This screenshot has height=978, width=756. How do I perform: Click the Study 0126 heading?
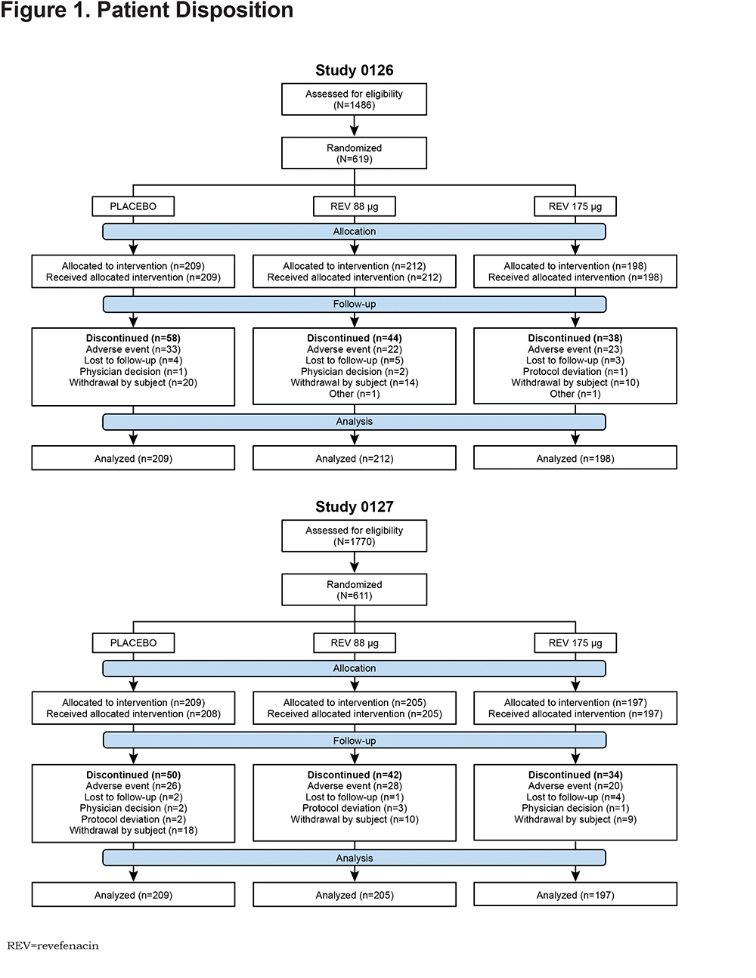[x=354, y=70]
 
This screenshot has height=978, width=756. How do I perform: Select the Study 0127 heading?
[x=354, y=507]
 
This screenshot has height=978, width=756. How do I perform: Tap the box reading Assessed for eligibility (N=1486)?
[x=354, y=99]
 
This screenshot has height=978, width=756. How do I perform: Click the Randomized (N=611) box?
[x=354, y=590]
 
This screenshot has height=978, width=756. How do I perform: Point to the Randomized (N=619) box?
[x=354, y=153]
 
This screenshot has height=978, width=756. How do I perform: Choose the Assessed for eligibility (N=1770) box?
[x=354, y=536]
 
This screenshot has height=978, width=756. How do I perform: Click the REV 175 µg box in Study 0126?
[x=575, y=206]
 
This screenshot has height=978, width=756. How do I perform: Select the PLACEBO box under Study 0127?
[x=133, y=642]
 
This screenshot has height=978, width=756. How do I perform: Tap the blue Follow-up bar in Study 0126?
[x=355, y=305]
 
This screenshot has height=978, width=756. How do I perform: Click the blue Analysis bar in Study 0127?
[x=354, y=858]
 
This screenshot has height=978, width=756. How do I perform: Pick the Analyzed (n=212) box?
[x=354, y=458]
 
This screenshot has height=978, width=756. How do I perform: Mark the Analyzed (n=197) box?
[x=575, y=895]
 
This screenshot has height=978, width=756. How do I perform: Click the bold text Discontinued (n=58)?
[x=133, y=338]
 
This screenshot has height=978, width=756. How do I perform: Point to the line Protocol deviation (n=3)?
[x=355, y=809]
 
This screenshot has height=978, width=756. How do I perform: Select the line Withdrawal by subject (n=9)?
[x=575, y=819]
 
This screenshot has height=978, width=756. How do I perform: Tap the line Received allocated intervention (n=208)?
[x=133, y=713]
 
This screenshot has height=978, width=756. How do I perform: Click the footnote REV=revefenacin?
[x=53, y=946]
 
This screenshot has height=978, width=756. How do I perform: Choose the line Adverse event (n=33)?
[x=133, y=349]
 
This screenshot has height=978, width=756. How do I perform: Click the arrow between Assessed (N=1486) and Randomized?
[x=354, y=126]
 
